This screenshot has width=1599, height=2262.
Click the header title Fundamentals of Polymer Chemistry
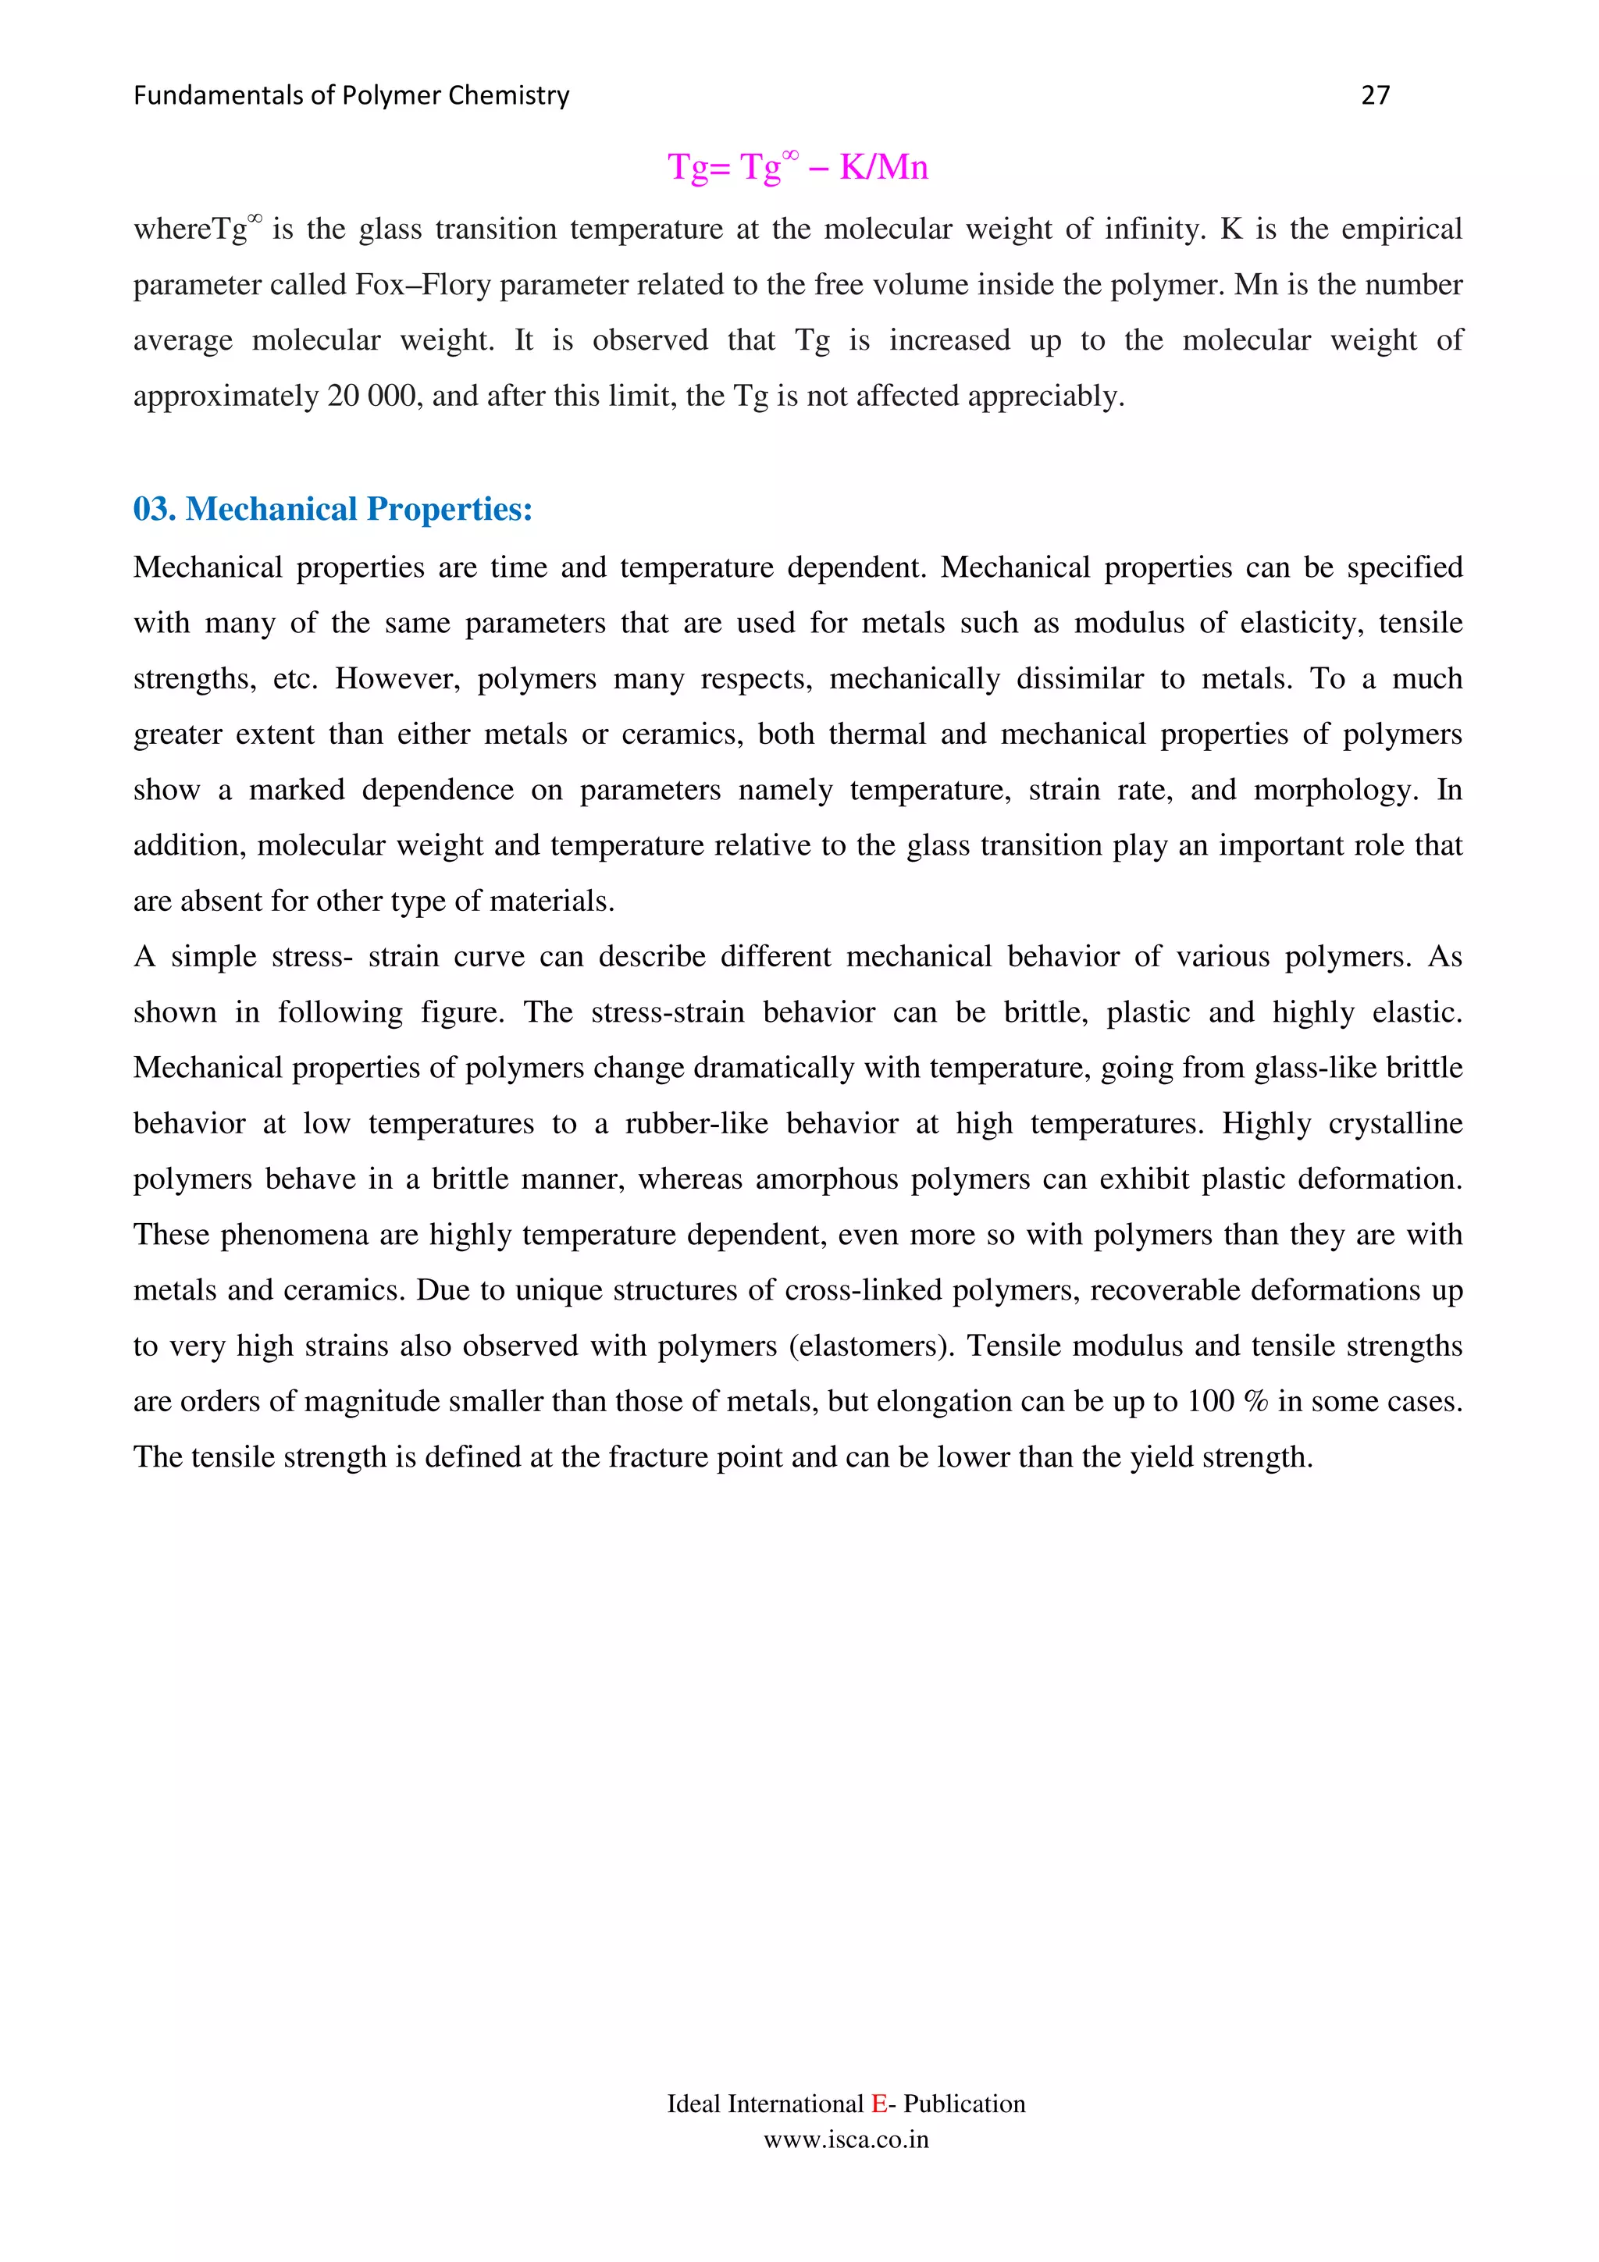point(351,95)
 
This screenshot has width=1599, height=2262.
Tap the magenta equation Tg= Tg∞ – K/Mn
point(797,166)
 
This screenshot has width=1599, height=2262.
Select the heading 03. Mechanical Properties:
point(333,510)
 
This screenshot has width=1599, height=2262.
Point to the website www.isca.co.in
point(846,2139)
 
